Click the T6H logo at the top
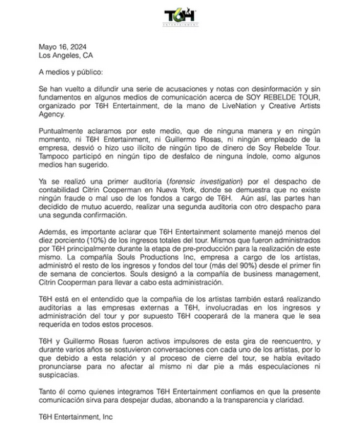(180, 15)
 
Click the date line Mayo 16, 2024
(57, 47)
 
